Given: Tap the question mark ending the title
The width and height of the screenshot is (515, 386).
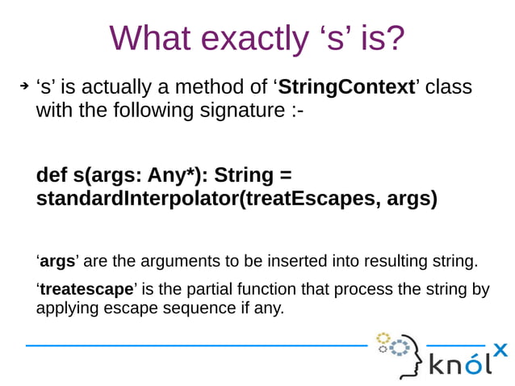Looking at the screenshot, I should pyautogui.click(x=394, y=38).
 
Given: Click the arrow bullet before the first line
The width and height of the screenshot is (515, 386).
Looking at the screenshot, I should pyautogui.click(x=24, y=86).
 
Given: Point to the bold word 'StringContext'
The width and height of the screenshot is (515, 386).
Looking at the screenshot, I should pyautogui.click(x=346, y=86).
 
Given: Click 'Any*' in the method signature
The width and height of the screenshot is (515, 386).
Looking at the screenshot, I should pyautogui.click(x=175, y=175).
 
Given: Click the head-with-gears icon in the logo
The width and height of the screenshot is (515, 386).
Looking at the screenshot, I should pyautogui.click(x=401, y=354).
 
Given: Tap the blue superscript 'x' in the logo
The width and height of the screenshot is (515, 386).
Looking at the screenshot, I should pyautogui.click(x=500, y=350).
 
